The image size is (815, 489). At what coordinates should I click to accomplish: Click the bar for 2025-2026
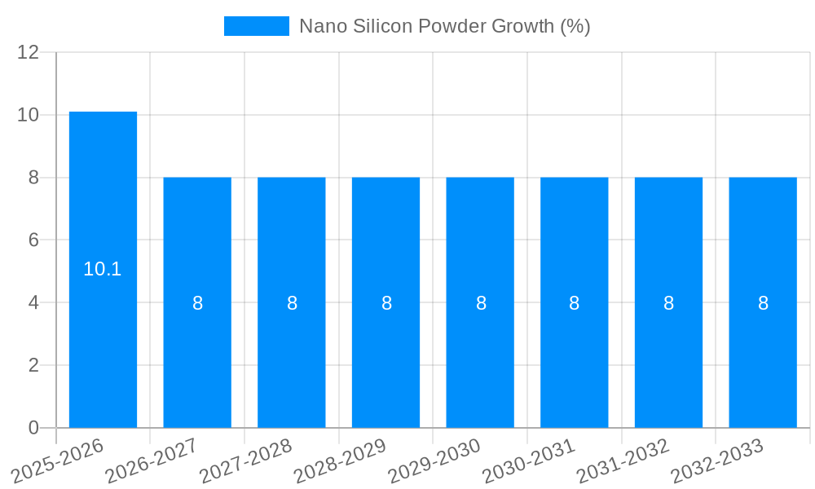pyautogui.click(x=103, y=269)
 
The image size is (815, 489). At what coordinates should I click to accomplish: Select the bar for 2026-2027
pyautogui.click(x=197, y=302)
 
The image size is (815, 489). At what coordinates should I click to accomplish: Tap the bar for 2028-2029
pyautogui.click(x=385, y=302)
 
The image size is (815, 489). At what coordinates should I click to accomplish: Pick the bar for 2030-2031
pyautogui.click(x=574, y=302)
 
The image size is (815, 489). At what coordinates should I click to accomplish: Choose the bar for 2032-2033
pyautogui.click(x=763, y=302)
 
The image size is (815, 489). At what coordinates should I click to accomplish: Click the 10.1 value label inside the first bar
pyautogui.click(x=103, y=269)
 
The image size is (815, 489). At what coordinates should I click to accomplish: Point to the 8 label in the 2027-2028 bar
pyautogui.click(x=292, y=303)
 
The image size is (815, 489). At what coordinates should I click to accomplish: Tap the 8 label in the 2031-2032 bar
pyautogui.click(x=668, y=303)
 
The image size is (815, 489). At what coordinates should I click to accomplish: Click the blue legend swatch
pyautogui.click(x=257, y=26)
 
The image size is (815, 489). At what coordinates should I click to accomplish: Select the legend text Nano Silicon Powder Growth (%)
pyautogui.click(x=444, y=26)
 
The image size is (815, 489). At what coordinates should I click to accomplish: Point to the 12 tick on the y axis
pyautogui.click(x=29, y=52)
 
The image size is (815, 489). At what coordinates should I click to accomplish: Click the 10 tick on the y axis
pyautogui.click(x=29, y=115)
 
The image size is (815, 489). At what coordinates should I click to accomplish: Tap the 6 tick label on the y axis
pyautogui.click(x=33, y=240)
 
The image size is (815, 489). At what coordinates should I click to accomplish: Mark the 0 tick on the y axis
pyautogui.click(x=33, y=428)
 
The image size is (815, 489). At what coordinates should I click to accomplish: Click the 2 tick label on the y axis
pyautogui.click(x=33, y=365)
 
